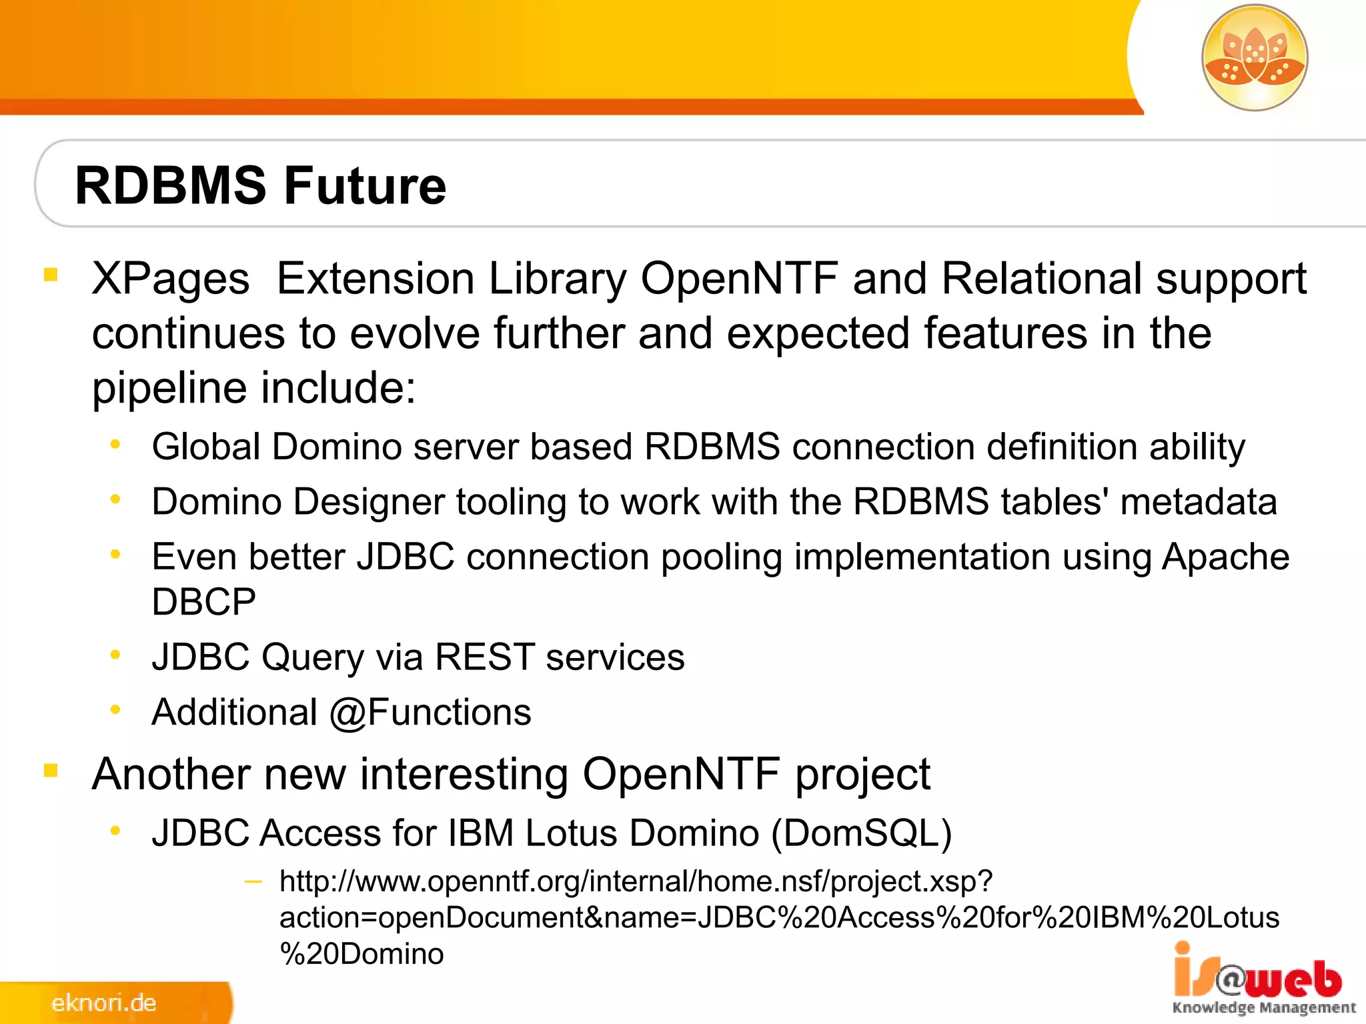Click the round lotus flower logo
[x=1255, y=58]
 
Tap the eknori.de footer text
[x=103, y=1003]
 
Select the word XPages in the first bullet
[x=171, y=279]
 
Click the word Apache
[x=1225, y=557]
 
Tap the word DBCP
[x=203, y=602]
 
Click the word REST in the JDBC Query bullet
[x=485, y=657]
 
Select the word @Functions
[x=430, y=712]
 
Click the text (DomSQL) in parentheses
[x=862, y=833]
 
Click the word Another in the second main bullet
[x=171, y=775]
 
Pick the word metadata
[x=1199, y=502]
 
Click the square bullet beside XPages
[x=51, y=275]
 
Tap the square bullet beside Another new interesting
[x=51, y=771]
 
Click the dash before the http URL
[x=253, y=882]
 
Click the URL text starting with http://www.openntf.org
[x=636, y=882]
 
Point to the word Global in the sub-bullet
[x=205, y=447]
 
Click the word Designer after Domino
[x=369, y=502]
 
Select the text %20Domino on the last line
[x=362, y=954]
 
